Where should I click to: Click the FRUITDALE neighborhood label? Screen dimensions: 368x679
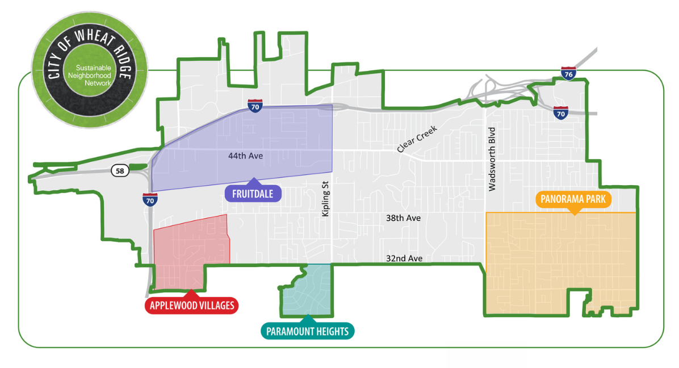(253, 194)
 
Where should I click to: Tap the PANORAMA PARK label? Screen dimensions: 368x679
(574, 199)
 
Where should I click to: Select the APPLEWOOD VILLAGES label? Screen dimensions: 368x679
(192, 306)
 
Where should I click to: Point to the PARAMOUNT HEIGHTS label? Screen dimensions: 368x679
(307, 331)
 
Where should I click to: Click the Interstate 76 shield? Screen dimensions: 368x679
(568, 73)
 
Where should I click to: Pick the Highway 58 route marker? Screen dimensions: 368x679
(120, 171)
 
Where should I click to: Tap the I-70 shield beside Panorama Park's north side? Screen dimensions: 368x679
(561, 112)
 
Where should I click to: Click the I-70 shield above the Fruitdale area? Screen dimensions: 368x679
(255, 106)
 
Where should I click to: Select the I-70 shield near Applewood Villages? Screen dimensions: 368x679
(150, 199)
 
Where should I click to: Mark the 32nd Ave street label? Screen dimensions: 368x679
(404, 258)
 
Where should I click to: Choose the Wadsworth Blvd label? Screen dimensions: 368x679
(492, 162)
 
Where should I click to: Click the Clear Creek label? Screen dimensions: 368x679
(419, 140)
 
